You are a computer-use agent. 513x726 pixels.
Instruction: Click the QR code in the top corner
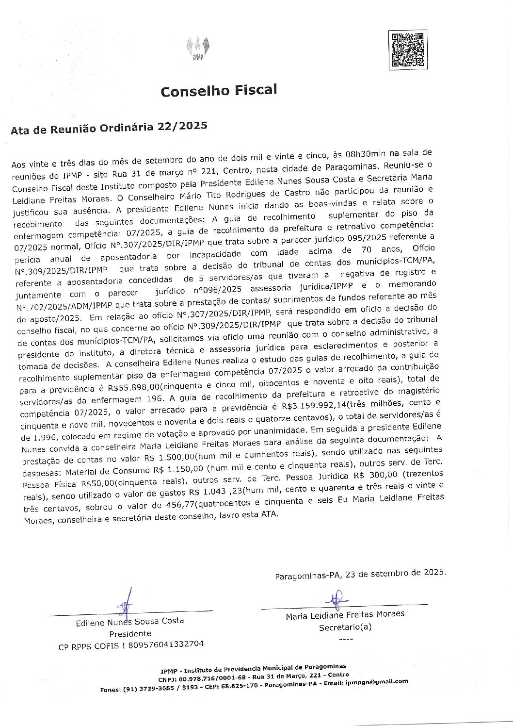click(x=408, y=49)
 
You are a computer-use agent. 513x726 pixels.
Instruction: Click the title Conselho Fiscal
click(x=219, y=90)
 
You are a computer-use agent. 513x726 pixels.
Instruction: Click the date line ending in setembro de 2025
click(x=360, y=574)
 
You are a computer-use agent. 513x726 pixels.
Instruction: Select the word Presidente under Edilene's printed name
click(x=130, y=633)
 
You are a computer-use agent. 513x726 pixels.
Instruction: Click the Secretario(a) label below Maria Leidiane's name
click(x=345, y=627)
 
